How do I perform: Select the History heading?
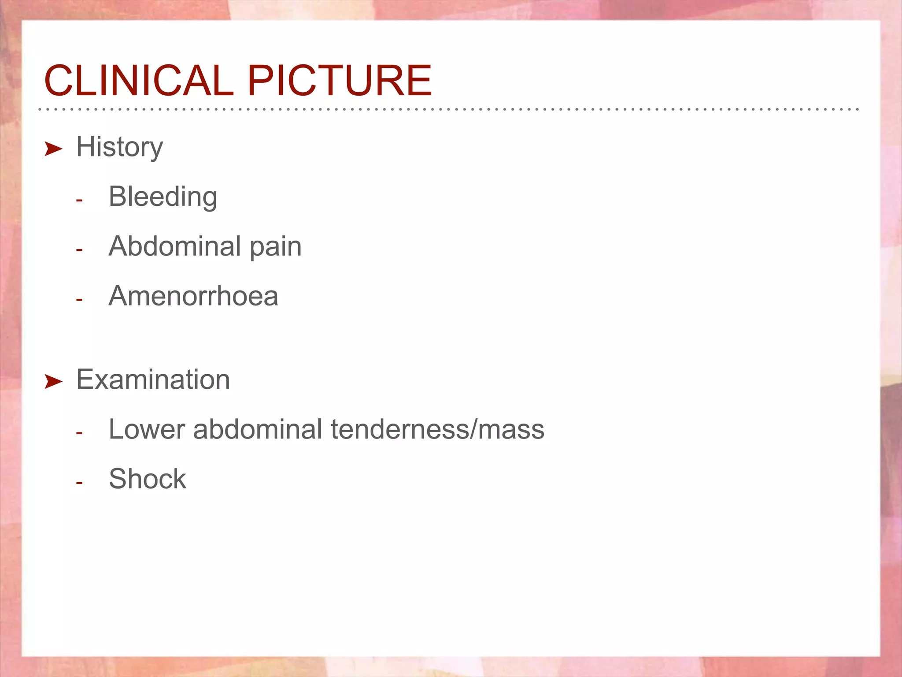(x=119, y=147)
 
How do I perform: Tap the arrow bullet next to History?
(x=53, y=149)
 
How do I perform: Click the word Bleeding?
(x=163, y=197)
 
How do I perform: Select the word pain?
(x=276, y=247)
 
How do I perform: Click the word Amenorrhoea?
(x=193, y=296)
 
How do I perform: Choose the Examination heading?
(x=153, y=379)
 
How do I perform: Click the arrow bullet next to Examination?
(x=53, y=382)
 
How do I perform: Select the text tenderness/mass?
(x=437, y=429)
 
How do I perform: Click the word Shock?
(x=147, y=479)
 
